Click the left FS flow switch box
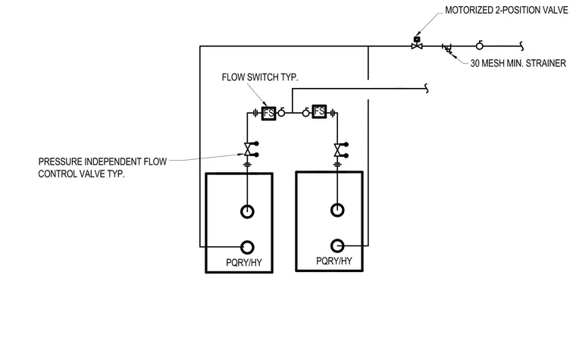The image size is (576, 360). pyautogui.click(x=268, y=113)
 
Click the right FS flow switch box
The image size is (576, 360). pyautogui.click(x=319, y=111)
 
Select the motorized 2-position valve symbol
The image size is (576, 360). pyautogui.click(x=417, y=43)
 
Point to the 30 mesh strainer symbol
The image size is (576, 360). pyautogui.click(x=447, y=48)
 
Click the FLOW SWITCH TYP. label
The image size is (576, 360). pyautogui.click(x=260, y=77)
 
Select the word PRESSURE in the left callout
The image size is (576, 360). pyautogui.click(x=59, y=161)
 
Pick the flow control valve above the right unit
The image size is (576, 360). pyautogui.click(x=339, y=150)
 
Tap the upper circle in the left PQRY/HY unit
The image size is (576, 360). pyautogui.click(x=247, y=211)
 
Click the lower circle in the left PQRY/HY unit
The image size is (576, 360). pyautogui.click(x=247, y=247)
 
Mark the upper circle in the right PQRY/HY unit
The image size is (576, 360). pyautogui.click(x=337, y=210)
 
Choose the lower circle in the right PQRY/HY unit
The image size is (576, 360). pyautogui.click(x=337, y=246)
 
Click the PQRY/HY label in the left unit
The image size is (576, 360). pyautogui.click(x=244, y=263)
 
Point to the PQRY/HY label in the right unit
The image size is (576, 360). pyautogui.click(x=334, y=261)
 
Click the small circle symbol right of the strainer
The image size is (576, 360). pyautogui.click(x=480, y=45)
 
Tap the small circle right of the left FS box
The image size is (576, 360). pyautogui.click(x=281, y=112)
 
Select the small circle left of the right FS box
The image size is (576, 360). pyautogui.click(x=306, y=113)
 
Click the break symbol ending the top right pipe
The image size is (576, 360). pyautogui.click(x=521, y=46)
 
